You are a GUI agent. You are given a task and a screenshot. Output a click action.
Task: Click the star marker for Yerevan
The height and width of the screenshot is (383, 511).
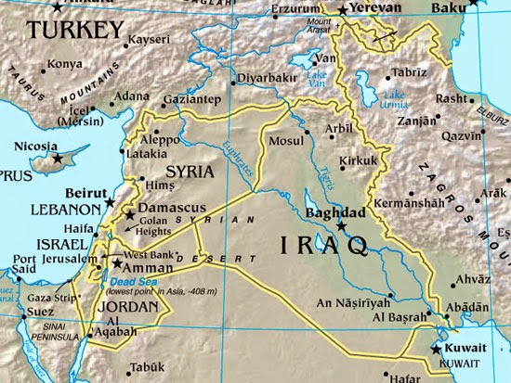342,9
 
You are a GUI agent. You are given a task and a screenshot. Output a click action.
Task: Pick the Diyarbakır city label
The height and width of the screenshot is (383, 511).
267,79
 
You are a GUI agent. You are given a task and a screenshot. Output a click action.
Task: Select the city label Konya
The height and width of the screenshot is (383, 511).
65,64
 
